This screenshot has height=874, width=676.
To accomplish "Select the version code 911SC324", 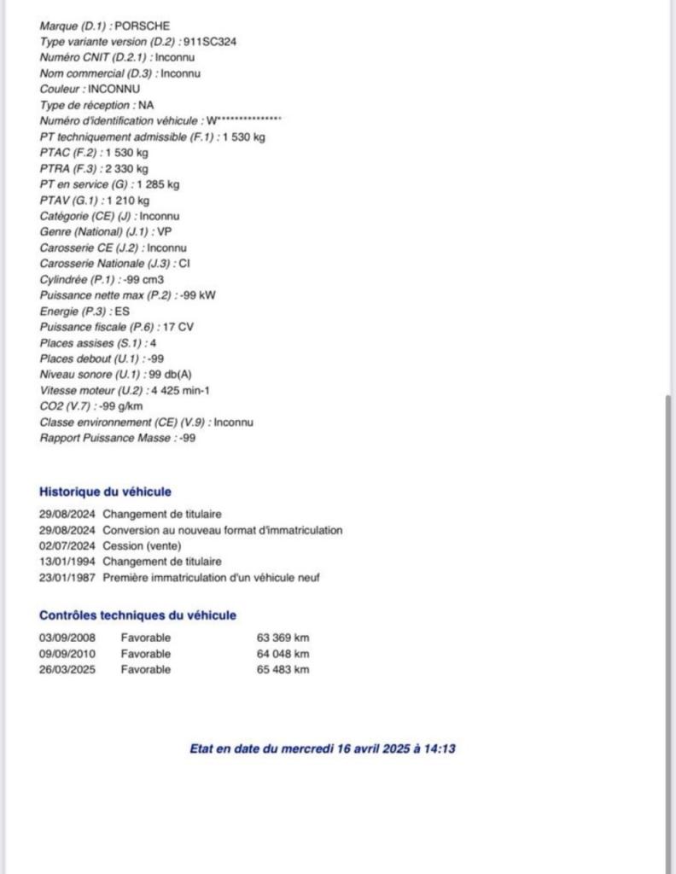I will (x=207, y=41).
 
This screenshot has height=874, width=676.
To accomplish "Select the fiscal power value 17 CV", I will (x=178, y=327).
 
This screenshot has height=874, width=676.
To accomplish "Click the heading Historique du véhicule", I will (x=105, y=492).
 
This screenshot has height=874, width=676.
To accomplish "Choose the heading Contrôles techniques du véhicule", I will (x=137, y=615).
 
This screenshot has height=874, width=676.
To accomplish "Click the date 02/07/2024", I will (x=67, y=546).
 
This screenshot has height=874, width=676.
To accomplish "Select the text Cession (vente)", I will (x=142, y=546).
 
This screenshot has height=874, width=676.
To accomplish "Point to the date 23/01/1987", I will (x=67, y=578).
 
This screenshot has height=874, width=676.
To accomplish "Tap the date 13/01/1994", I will (x=67, y=562).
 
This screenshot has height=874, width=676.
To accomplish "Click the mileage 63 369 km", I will (x=283, y=638).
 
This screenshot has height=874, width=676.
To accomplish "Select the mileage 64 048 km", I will (x=283, y=654).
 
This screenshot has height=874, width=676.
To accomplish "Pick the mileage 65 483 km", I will (x=283, y=669).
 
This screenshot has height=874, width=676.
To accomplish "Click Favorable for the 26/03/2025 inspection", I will (x=145, y=669).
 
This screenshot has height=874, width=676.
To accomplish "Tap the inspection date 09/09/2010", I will (x=67, y=654).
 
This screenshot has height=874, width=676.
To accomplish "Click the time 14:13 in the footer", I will (x=441, y=749).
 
